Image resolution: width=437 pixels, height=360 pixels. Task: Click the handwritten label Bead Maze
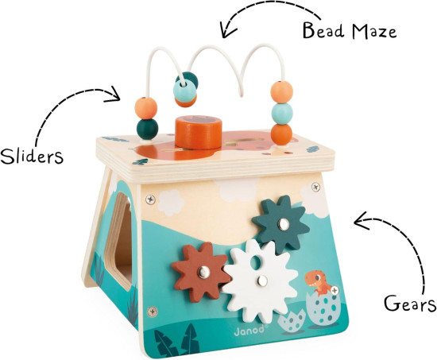[x=350, y=31]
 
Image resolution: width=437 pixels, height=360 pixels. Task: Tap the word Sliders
[x=32, y=156]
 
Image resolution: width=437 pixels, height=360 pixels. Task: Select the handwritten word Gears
[x=410, y=304]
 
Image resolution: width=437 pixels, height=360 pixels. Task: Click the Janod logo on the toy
[x=249, y=329]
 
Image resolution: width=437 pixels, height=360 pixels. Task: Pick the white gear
[x=260, y=281]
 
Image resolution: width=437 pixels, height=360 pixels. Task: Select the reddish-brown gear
[x=201, y=272]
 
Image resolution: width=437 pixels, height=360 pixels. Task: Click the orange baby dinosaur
[x=317, y=282]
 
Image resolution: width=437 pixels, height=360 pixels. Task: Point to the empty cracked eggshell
[x=292, y=322]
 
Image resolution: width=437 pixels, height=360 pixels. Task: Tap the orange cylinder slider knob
[x=199, y=132]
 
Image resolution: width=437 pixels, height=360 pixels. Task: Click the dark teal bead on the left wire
[x=147, y=129]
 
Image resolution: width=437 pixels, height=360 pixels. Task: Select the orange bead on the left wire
[x=145, y=108]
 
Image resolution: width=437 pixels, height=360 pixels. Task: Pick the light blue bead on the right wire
[x=282, y=114]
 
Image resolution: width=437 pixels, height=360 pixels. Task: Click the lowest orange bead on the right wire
[x=281, y=134]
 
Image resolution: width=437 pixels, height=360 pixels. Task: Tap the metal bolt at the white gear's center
[x=262, y=281]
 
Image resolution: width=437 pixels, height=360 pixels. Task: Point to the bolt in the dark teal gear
[x=284, y=224]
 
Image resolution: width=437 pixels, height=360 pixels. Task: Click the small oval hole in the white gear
[x=255, y=261]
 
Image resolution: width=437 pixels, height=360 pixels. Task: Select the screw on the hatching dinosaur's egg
[x=335, y=291]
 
